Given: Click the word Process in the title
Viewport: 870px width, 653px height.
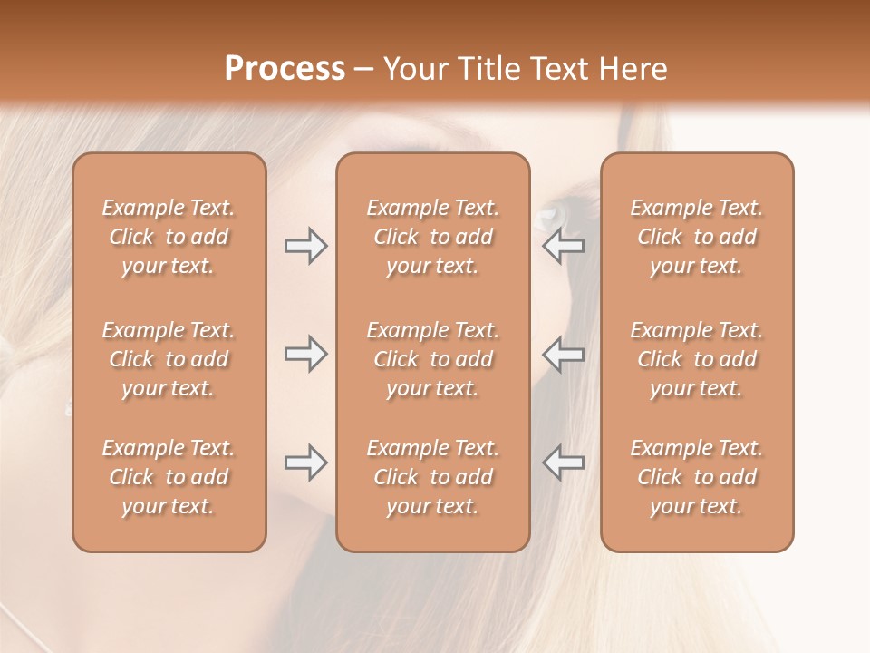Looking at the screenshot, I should point(285,69).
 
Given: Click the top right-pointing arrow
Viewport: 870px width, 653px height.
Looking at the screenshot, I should point(305,246).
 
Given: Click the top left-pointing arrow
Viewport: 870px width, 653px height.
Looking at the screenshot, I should point(564,246).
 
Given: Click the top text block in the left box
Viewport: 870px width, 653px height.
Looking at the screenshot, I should point(169,237).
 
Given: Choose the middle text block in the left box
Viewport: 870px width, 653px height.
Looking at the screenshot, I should point(169,359).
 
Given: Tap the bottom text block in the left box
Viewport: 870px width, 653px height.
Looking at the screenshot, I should point(169,477).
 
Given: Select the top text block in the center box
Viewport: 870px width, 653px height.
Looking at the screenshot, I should point(433,237).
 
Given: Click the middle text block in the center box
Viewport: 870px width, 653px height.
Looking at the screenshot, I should point(433,359).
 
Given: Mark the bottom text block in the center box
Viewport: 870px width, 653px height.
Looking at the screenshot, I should point(433,477).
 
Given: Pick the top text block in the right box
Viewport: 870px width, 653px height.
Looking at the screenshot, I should point(697,237).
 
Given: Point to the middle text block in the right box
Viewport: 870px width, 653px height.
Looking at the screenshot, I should point(697,359).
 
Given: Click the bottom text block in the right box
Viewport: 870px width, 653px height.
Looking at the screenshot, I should point(697,477).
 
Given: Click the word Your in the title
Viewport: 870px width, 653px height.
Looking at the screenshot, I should point(411,69).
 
